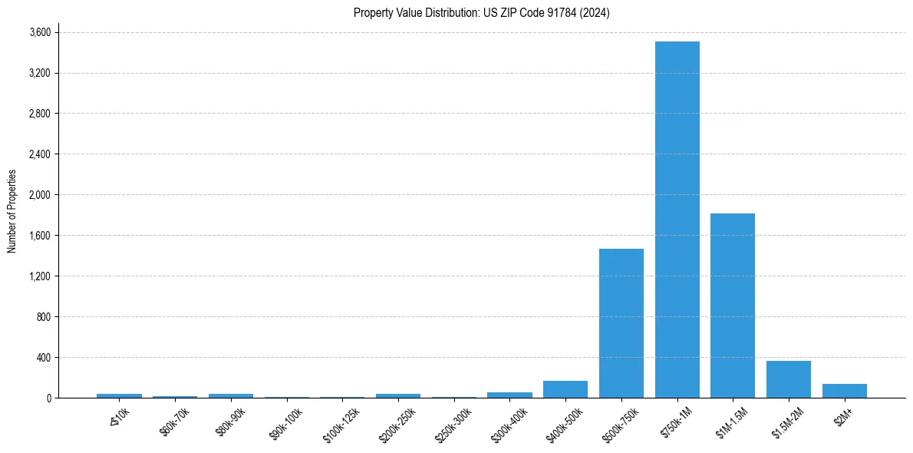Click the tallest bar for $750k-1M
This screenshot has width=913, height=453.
pyautogui.click(x=677, y=220)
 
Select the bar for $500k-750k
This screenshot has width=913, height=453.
pyautogui.click(x=621, y=323)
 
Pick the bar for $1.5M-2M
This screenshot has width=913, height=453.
pyautogui.click(x=788, y=379)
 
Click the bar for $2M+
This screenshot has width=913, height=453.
pyautogui.click(x=844, y=391)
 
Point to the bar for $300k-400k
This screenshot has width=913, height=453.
pyautogui.click(x=509, y=395)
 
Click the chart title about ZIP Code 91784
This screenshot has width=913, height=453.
pyautogui.click(x=481, y=13)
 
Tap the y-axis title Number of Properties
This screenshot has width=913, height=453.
pyautogui.click(x=12, y=211)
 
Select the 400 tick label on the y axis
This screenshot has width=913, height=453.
pyautogui.click(x=43, y=358)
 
